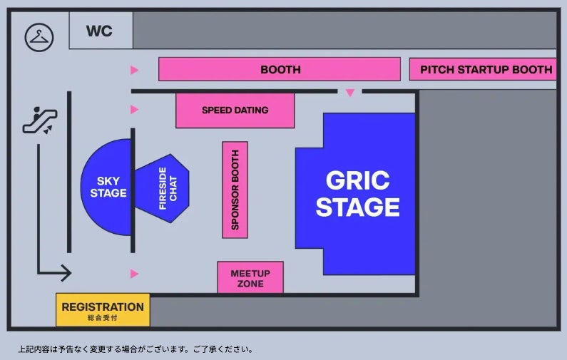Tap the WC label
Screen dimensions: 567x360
point(99,31)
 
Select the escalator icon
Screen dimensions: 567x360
point(39,120)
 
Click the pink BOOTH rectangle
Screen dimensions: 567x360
point(279,69)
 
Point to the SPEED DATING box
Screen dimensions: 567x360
point(235,110)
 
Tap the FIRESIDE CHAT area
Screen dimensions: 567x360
point(163,188)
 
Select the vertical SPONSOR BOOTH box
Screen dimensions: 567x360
point(235,190)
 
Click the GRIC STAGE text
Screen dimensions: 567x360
point(357,193)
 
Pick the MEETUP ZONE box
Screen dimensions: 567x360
point(250,278)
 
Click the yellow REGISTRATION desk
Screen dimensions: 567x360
point(103,309)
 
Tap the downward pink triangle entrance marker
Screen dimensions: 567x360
point(349,93)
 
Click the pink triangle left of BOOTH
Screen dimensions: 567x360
point(134,70)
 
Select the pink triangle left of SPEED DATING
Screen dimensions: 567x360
point(134,110)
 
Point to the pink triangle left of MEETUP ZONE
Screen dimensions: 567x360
point(134,274)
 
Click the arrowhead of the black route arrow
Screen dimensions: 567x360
point(66,272)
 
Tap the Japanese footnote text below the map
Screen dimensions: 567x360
point(136,349)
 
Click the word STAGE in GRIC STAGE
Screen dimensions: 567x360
point(357,207)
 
